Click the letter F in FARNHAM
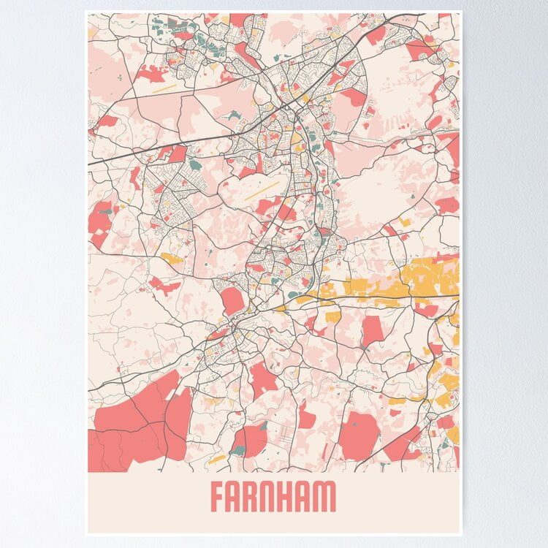tap(218, 497)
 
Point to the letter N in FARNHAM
tap(271, 497)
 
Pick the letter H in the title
tap(289, 497)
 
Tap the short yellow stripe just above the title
tap(217, 459)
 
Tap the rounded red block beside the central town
tap(232, 300)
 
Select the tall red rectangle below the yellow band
tap(373, 330)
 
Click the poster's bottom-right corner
tap(462, 534)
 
